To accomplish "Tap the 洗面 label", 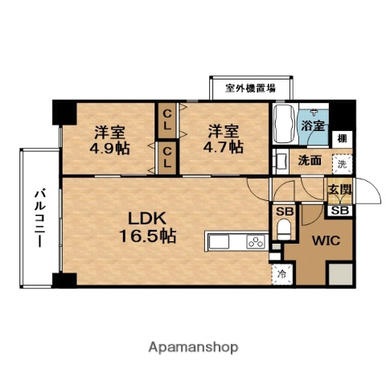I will click(x=310, y=160).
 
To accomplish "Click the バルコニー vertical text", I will click(x=38, y=218).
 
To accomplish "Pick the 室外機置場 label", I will click(x=251, y=88).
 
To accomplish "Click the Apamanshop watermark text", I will click(x=193, y=347).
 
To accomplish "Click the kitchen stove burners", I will click(x=257, y=241).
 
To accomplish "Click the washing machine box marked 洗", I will click(x=342, y=164).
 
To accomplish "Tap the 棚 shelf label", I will click(x=342, y=138).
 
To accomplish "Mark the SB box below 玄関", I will click(x=338, y=210).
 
